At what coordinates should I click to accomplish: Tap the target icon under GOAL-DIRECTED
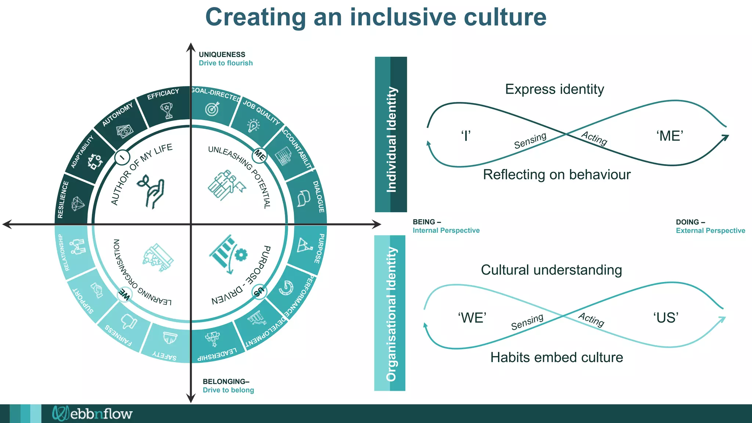click(212, 109)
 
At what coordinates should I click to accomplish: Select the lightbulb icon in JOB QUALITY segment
click(253, 126)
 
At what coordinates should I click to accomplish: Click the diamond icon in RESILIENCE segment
click(77, 203)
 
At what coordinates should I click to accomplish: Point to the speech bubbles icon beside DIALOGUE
click(303, 198)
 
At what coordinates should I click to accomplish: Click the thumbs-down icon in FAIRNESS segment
click(129, 322)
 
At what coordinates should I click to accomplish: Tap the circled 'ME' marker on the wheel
click(260, 155)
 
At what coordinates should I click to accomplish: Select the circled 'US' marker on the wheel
click(259, 292)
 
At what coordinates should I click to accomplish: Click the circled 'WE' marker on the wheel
click(124, 294)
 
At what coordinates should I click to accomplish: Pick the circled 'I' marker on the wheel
click(122, 157)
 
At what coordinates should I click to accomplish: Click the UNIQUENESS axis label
click(222, 54)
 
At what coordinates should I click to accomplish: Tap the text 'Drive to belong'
click(228, 390)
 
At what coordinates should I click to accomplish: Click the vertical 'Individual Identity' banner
click(391, 134)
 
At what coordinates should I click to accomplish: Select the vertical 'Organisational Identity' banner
click(390, 313)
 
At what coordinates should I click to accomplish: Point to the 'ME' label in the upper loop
click(670, 136)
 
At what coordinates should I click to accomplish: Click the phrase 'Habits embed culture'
click(556, 357)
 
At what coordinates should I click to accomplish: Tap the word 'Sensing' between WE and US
click(527, 322)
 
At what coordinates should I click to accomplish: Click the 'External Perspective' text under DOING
click(710, 231)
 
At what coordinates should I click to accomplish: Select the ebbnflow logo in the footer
click(92, 413)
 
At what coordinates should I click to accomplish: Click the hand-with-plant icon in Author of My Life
click(151, 191)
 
